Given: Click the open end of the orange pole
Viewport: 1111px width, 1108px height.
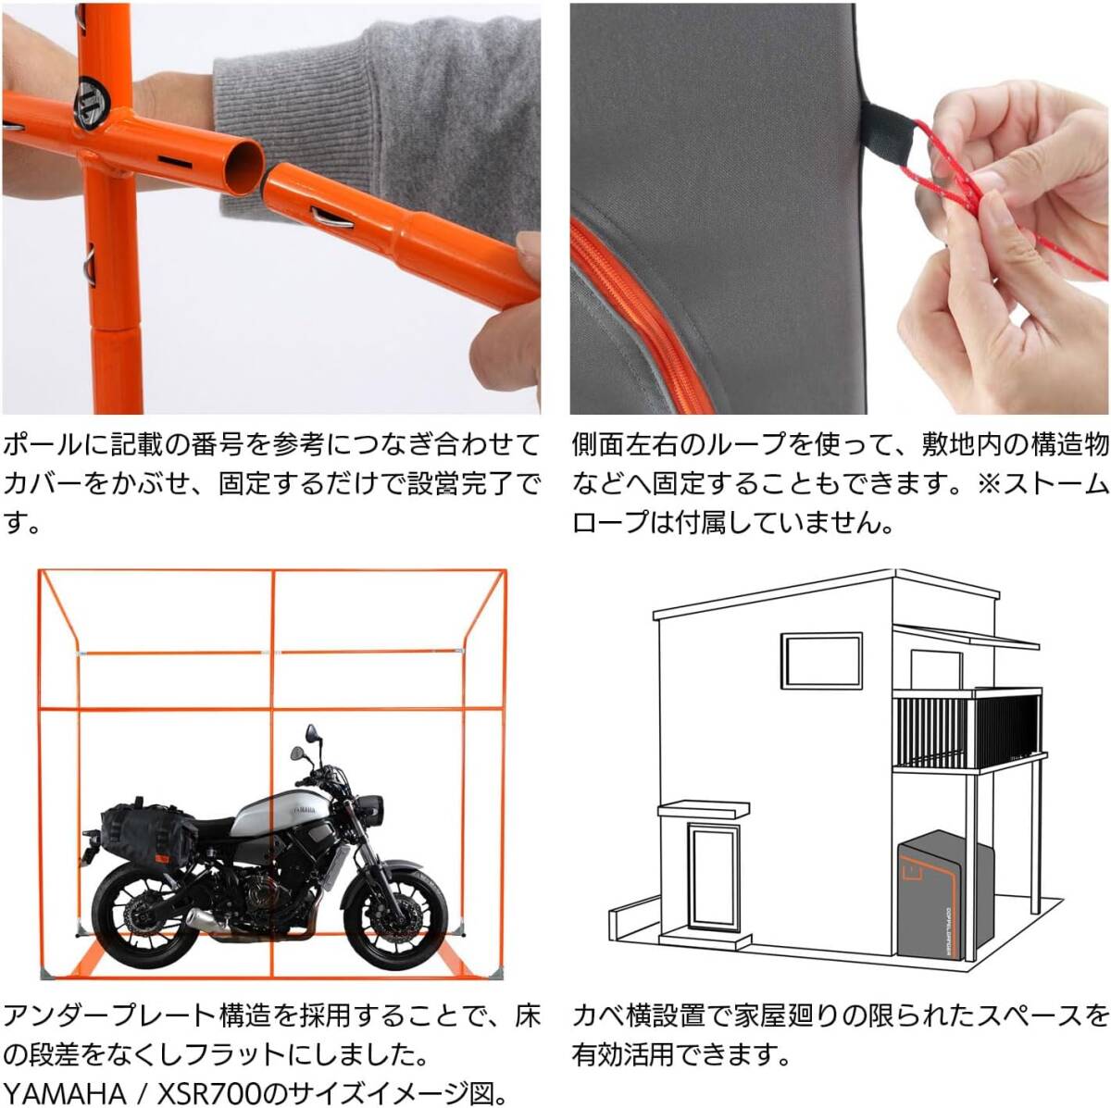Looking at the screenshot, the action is click(243, 168).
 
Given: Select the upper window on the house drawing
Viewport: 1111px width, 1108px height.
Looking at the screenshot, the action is click(821, 660).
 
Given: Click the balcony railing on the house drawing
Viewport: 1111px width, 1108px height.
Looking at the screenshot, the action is click(967, 729).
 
